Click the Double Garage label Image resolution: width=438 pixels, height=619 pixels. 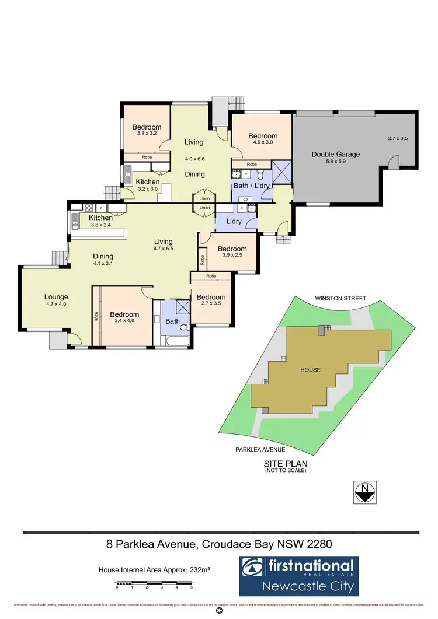point(335,155)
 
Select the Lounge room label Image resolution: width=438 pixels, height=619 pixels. point(56,297)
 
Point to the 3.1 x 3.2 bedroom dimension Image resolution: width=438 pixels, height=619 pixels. point(146,134)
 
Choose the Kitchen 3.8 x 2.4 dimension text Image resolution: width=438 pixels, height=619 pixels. point(100,225)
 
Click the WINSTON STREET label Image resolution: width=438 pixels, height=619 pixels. point(340,298)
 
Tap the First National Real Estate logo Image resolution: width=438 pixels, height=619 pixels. point(299,575)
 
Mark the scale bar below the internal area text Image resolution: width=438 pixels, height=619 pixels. point(154,585)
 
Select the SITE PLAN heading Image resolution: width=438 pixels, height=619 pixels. point(284,463)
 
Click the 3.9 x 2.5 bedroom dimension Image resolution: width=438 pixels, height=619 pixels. point(232,256)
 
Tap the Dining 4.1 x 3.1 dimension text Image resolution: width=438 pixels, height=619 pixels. point(102,263)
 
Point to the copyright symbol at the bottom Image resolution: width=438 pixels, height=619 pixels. point(219,611)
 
